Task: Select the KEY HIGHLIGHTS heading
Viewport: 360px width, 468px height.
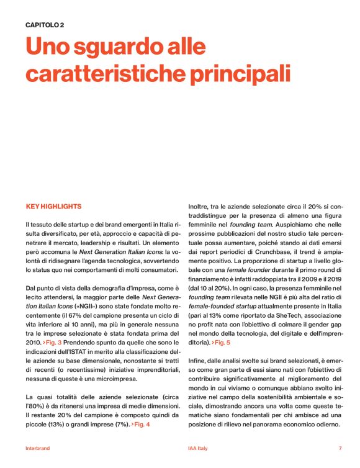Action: tap(53, 206)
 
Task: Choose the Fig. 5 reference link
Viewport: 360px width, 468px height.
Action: tap(221, 343)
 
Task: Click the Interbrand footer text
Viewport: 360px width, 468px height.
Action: tap(38, 448)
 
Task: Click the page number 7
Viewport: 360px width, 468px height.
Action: tap(340, 448)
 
